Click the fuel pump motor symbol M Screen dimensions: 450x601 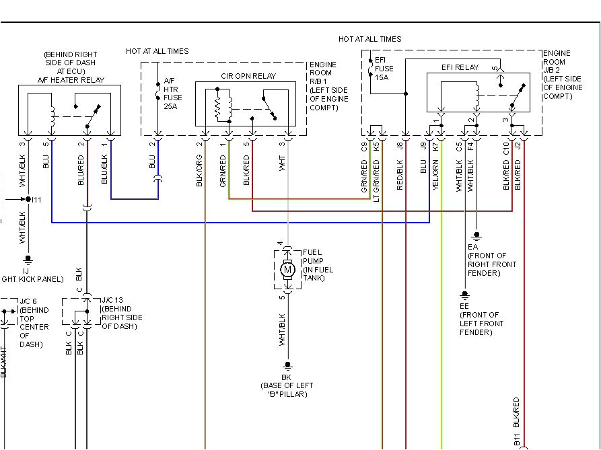tap(287, 270)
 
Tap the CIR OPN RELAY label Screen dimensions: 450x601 tap(248, 77)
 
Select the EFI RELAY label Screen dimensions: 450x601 tap(460, 67)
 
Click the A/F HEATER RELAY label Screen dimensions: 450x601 tap(71, 80)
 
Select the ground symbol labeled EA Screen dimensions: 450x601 tap(476, 236)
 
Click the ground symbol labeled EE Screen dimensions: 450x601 tap(464, 295)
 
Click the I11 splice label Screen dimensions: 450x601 tap(36, 199)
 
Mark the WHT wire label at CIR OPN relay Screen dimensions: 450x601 tap(283, 163)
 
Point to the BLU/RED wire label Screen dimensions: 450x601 tap(81, 170)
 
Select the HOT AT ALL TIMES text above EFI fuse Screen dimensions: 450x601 tap(370, 40)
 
